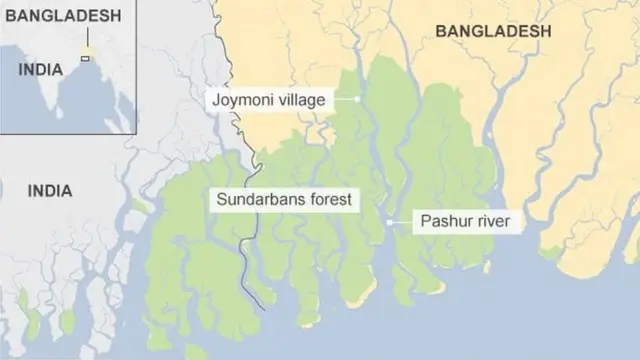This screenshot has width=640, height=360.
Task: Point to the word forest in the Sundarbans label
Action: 328,199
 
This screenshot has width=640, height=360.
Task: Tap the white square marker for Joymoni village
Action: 357,99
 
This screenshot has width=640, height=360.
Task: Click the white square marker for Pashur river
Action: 389,222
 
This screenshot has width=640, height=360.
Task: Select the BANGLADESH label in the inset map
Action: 61,15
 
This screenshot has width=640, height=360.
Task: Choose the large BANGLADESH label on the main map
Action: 493,32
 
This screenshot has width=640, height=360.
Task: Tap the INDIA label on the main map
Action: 49,190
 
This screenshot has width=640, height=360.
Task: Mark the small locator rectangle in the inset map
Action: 85,58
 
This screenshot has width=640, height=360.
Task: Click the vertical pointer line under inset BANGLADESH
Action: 88,40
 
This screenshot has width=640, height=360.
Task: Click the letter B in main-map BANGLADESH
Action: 441,32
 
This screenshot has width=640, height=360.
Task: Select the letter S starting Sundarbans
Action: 222,199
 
